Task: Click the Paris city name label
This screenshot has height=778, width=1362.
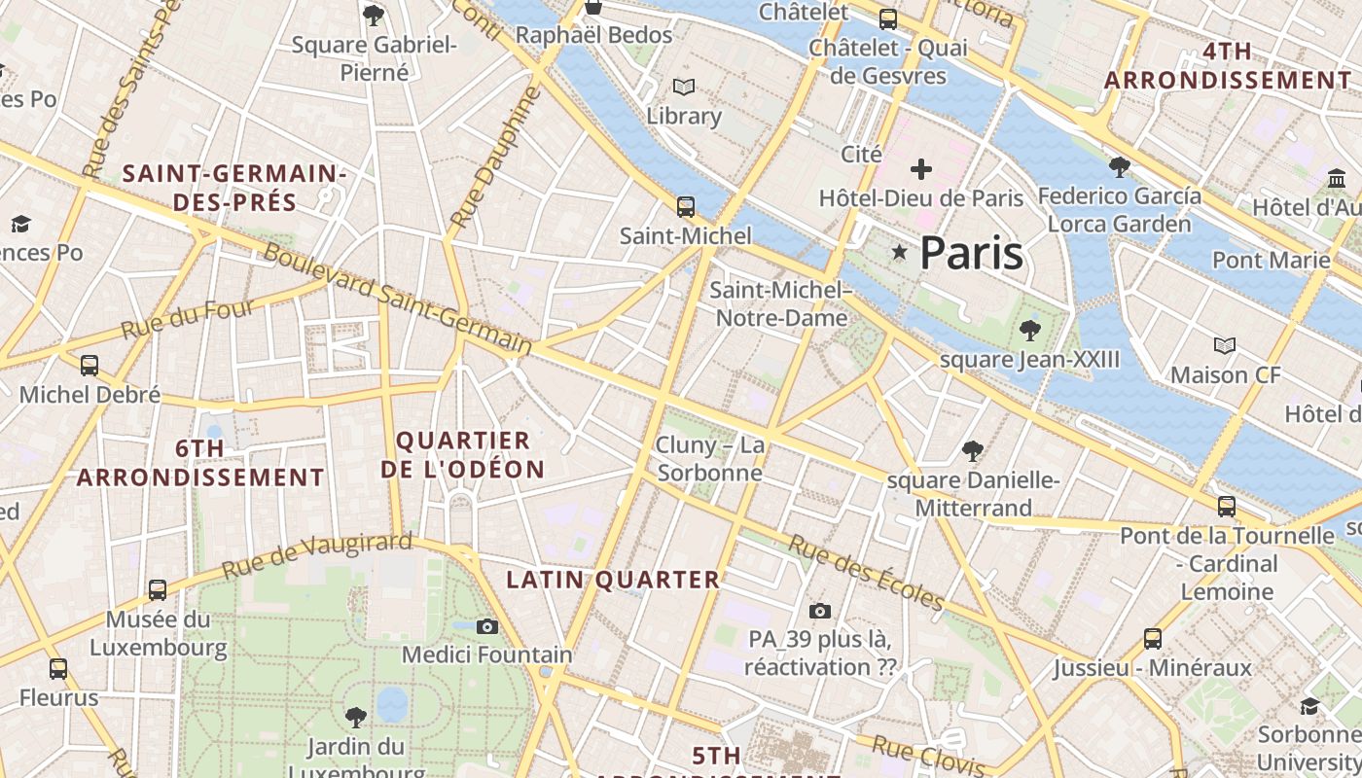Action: [971, 253]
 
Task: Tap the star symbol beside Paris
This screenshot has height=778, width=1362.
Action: [900, 253]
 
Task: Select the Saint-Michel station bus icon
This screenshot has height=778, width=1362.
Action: [686, 206]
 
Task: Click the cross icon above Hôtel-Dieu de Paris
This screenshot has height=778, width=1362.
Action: [920, 169]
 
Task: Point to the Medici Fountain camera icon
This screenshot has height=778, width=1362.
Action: [487, 626]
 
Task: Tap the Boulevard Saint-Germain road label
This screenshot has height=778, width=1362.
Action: [398, 299]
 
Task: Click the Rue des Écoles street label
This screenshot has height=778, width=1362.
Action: [865, 572]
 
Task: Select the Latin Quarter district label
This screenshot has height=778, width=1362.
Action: [613, 580]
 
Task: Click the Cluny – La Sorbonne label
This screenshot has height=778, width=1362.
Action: [710, 459]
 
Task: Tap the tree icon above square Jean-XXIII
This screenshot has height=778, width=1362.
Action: [1029, 331]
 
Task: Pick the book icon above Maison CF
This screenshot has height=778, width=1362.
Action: [1225, 345]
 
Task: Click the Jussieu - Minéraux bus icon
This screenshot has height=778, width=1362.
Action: [1153, 638]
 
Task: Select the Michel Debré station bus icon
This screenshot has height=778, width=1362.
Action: [90, 366]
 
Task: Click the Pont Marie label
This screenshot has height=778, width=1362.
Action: [1271, 260]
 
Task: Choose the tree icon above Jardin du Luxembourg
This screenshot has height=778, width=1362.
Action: [356, 718]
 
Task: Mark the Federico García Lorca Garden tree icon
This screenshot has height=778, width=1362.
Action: [1119, 167]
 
